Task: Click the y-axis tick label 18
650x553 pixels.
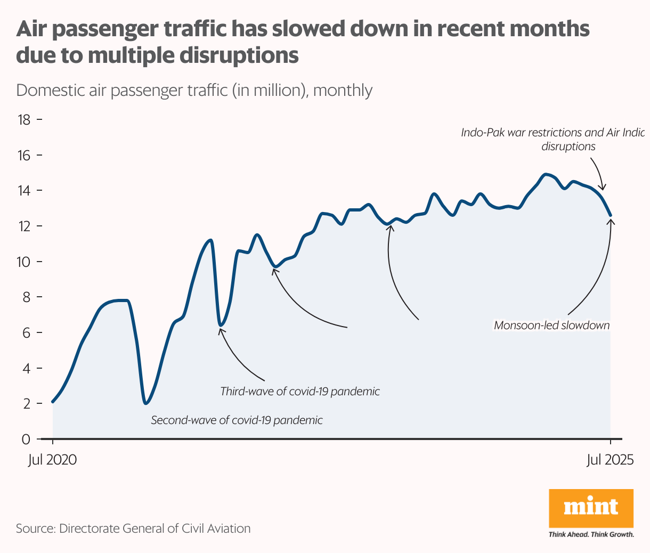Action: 23,120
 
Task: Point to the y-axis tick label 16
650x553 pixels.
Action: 23,156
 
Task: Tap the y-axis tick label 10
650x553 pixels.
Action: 23,262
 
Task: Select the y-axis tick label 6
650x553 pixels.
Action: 25,332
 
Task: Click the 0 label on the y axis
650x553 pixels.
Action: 26,439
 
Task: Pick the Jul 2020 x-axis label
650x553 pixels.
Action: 52,460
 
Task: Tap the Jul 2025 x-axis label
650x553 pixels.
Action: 610,460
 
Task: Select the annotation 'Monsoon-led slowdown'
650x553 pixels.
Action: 551,325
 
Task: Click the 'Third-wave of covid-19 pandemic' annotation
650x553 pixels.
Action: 300,392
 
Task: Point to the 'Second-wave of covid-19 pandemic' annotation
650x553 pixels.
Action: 237,420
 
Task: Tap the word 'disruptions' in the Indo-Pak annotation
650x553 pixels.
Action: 568,146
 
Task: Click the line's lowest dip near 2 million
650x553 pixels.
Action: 145,403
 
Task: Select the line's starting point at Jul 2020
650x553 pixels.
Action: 53,401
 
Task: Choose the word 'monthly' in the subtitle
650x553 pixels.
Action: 343,90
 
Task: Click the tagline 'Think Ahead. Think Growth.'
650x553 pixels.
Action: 591,534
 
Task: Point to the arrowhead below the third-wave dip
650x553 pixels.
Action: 221,330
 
